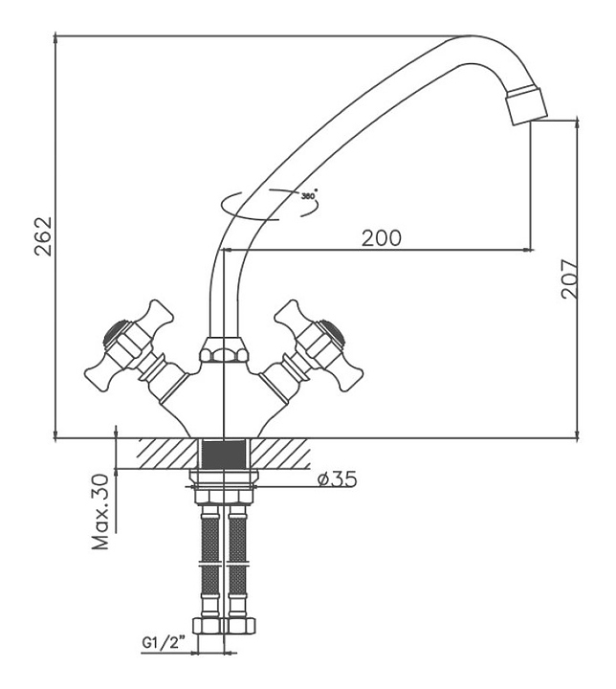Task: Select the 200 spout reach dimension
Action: click(x=381, y=237)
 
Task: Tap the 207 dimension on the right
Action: click(x=570, y=278)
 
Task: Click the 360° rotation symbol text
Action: click(x=308, y=195)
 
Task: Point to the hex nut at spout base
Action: click(x=222, y=352)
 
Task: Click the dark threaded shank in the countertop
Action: click(x=222, y=454)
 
